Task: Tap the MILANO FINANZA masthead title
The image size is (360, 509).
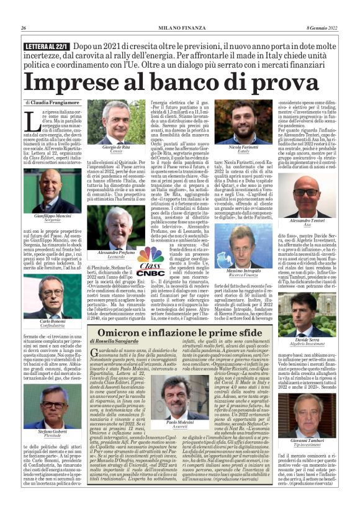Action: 179,28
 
